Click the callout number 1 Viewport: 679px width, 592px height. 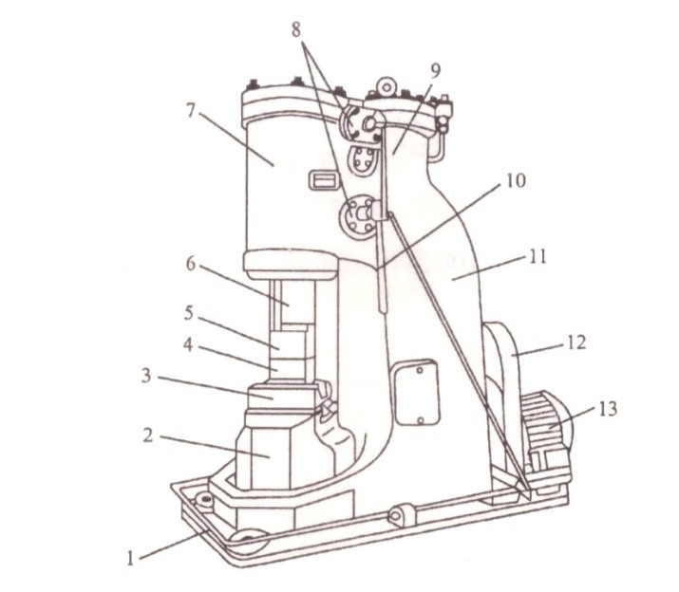[x=130, y=558]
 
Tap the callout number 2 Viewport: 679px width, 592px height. [x=148, y=435]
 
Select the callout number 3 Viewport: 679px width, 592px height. [x=147, y=376]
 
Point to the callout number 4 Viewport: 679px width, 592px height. [x=188, y=345]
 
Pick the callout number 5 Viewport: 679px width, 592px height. [x=189, y=313]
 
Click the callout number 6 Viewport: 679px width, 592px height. [x=191, y=265]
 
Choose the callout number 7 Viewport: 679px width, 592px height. [x=191, y=111]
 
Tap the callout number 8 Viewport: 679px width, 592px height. [x=296, y=30]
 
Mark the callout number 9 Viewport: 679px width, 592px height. [x=435, y=70]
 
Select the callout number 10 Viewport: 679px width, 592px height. [x=516, y=180]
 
